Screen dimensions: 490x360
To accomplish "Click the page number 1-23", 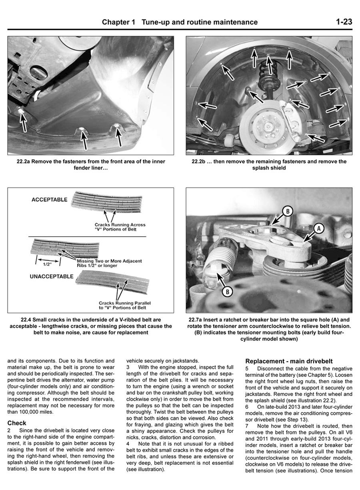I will point(344,22).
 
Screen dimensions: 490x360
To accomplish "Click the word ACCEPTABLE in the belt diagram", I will point(50,200).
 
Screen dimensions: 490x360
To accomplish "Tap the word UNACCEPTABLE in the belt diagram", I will point(52,276).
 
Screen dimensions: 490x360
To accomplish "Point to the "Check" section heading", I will point(17,423).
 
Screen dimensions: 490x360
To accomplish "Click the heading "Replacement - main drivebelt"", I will point(289,361).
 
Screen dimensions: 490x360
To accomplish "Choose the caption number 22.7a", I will point(198,320).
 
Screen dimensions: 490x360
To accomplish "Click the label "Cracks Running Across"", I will point(120,225).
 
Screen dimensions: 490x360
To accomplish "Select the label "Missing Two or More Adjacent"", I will point(109,261).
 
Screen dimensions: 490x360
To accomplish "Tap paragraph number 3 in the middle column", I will point(128,367).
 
